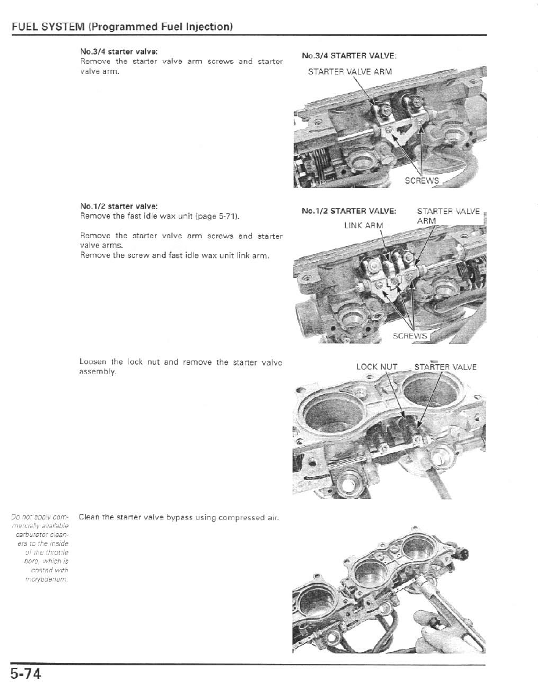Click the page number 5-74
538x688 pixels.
pyautogui.click(x=25, y=674)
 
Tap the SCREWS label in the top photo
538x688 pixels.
pyautogui.click(x=422, y=181)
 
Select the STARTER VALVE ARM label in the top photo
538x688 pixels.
pyautogui.click(x=349, y=72)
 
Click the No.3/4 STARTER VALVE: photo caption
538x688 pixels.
pyautogui.click(x=349, y=56)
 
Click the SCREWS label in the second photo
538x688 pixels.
pyautogui.click(x=409, y=336)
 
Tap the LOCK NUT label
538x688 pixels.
pyautogui.click(x=376, y=367)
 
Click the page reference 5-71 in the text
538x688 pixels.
pyautogui.click(x=227, y=217)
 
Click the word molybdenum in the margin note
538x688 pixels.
pyautogui.click(x=51, y=580)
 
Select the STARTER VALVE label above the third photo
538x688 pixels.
pyautogui.click(x=445, y=367)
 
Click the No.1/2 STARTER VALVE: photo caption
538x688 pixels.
pyautogui.click(x=349, y=212)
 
